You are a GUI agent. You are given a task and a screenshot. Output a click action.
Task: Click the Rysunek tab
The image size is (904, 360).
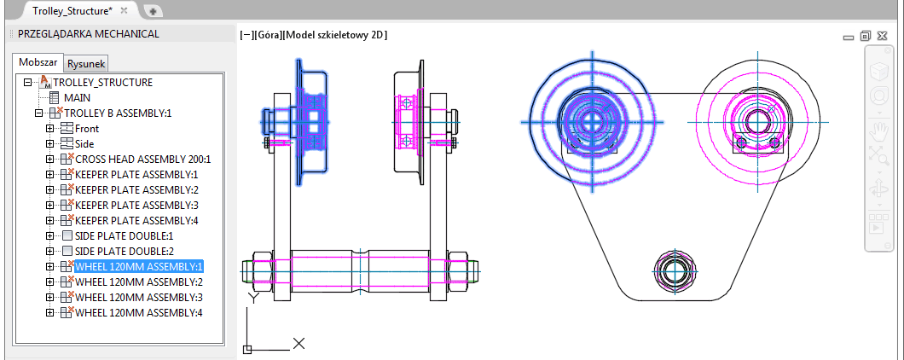tap(86, 64)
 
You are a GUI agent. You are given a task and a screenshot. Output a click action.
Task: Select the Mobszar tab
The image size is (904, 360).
tap(38, 62)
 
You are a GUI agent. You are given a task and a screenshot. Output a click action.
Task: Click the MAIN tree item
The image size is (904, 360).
tap(78, 98)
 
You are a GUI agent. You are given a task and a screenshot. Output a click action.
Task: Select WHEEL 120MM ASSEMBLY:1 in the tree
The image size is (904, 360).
tap(139, 266)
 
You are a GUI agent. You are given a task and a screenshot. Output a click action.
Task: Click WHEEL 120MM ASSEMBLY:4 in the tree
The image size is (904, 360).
tap(139, 313)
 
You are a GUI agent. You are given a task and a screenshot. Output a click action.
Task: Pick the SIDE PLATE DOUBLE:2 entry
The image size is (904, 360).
tap(125, 251)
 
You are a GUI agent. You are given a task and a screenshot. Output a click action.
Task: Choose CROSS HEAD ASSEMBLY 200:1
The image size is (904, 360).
tap(143, 160)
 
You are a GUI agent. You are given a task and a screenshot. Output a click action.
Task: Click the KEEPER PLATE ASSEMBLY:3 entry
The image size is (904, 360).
tap(136, 205)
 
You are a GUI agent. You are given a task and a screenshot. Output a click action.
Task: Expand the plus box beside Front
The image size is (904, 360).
tap(49, 129)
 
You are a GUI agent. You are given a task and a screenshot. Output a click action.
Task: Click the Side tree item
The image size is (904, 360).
tap(84, 143)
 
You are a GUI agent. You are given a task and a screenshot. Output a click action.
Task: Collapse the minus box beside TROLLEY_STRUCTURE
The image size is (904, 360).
tap(27, 83)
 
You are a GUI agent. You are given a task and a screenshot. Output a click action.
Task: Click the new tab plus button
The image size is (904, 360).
tap(153, 12)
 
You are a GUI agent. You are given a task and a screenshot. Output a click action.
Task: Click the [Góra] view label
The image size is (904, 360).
tap(267, 35)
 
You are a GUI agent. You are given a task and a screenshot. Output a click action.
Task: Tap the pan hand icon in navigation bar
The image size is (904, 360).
tap(879, 131)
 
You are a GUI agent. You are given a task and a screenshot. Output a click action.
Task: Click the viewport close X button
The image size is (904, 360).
tap(882, 36)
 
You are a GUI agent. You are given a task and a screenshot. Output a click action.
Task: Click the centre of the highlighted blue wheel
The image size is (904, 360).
tap(592, 122)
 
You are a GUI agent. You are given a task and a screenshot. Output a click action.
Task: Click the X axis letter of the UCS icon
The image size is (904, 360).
tap(298, 344)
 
